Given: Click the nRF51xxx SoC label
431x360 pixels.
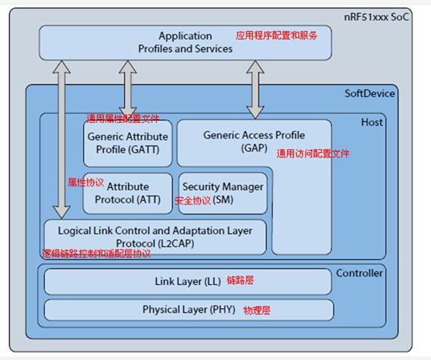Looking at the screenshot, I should [383, 16].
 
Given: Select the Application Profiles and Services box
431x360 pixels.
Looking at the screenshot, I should [185, 42].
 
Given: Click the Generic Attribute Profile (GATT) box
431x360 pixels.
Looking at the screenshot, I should [127, 142].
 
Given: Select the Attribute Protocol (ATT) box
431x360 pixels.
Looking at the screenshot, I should [128, 193].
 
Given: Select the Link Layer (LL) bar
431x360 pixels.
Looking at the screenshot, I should [187, 281].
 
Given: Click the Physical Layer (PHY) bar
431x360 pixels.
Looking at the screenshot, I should [188, 310].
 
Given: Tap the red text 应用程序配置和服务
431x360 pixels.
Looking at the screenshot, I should [276, 35].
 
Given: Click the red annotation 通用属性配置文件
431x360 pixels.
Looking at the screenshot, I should [123, 118].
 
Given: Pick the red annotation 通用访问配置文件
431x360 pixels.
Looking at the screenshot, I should [313, 153].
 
